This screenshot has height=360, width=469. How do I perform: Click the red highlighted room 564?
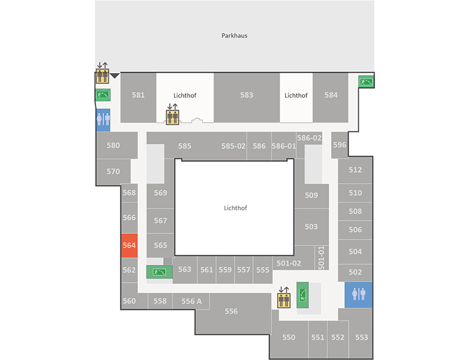[129, 245]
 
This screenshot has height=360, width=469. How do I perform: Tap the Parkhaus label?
[234, 36]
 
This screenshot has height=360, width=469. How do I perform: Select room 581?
[138, 98]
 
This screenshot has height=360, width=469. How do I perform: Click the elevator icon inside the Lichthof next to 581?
[172, 117]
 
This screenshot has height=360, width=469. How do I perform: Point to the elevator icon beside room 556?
[283, 300]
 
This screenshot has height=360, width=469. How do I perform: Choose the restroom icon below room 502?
[358, 295]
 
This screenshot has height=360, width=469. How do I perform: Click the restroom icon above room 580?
[103, 120]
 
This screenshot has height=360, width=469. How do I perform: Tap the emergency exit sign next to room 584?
[366, 81]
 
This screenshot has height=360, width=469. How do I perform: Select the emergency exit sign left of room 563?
[159, 272]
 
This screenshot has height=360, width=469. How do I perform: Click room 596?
[339, 145]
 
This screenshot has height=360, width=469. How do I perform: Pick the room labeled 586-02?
[309, 138]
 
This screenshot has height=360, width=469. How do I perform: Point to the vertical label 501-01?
[322, 257]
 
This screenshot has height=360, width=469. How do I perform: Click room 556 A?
[191, 301]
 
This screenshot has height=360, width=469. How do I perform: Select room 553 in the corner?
[361, 338]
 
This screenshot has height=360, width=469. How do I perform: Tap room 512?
[355, 170]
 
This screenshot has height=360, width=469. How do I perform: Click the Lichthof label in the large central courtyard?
[236, 208]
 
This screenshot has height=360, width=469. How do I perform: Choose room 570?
[114, 172]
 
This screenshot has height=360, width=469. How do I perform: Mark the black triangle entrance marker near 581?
[115, 75]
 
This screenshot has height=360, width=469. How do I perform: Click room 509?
[311, 195]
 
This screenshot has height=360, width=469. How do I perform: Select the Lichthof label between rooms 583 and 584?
[296, 96]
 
